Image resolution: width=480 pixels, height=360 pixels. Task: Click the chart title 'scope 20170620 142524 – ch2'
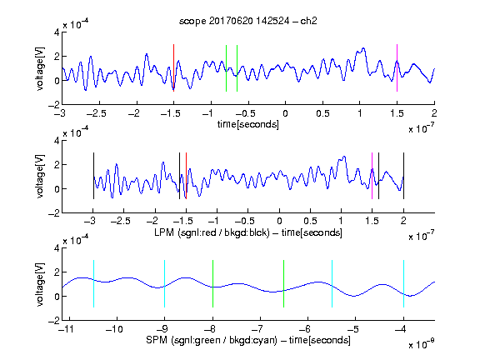click(x=248, y=21)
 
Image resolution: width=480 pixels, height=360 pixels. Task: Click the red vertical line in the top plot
click(x=174, y=68)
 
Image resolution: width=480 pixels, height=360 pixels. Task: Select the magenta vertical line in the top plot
click(x=397, y=68)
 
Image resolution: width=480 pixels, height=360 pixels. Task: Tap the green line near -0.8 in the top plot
click(x=226, y=68)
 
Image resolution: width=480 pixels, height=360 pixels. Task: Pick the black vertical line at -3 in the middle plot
click(x=93, y=176)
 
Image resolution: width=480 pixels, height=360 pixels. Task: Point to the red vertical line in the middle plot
click(x=186, y=176)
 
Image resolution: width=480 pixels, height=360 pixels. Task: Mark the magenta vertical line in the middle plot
click(x=372, y=176)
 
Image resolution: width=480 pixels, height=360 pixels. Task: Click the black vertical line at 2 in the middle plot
click(x=403, y=176)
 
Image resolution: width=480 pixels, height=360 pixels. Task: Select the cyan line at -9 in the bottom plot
click(x=165, y=284)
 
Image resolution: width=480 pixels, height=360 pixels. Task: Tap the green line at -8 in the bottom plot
click(x=212, y=284)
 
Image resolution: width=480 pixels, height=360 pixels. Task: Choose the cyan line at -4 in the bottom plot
click(x=403, y=284)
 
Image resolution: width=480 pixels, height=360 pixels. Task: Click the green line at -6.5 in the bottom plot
click(x=284, y=284)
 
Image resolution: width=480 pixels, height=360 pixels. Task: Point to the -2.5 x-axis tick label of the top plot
click(x=97, y=113)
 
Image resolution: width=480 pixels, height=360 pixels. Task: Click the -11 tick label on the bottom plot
click(x=66, y=329)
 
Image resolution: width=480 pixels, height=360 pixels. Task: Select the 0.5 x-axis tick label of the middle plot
click(x=310, y=221)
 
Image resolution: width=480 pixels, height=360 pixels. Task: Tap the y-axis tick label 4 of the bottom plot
click(x=57, y=247)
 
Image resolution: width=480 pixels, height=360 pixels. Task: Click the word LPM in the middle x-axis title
click(x=164, y=232)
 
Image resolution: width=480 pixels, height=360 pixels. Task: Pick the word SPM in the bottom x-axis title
click(x=157, y=340)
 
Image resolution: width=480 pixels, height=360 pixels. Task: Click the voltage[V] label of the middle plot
click(x=40, y=177)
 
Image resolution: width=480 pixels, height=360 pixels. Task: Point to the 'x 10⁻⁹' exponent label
click(x=422, y=344)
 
